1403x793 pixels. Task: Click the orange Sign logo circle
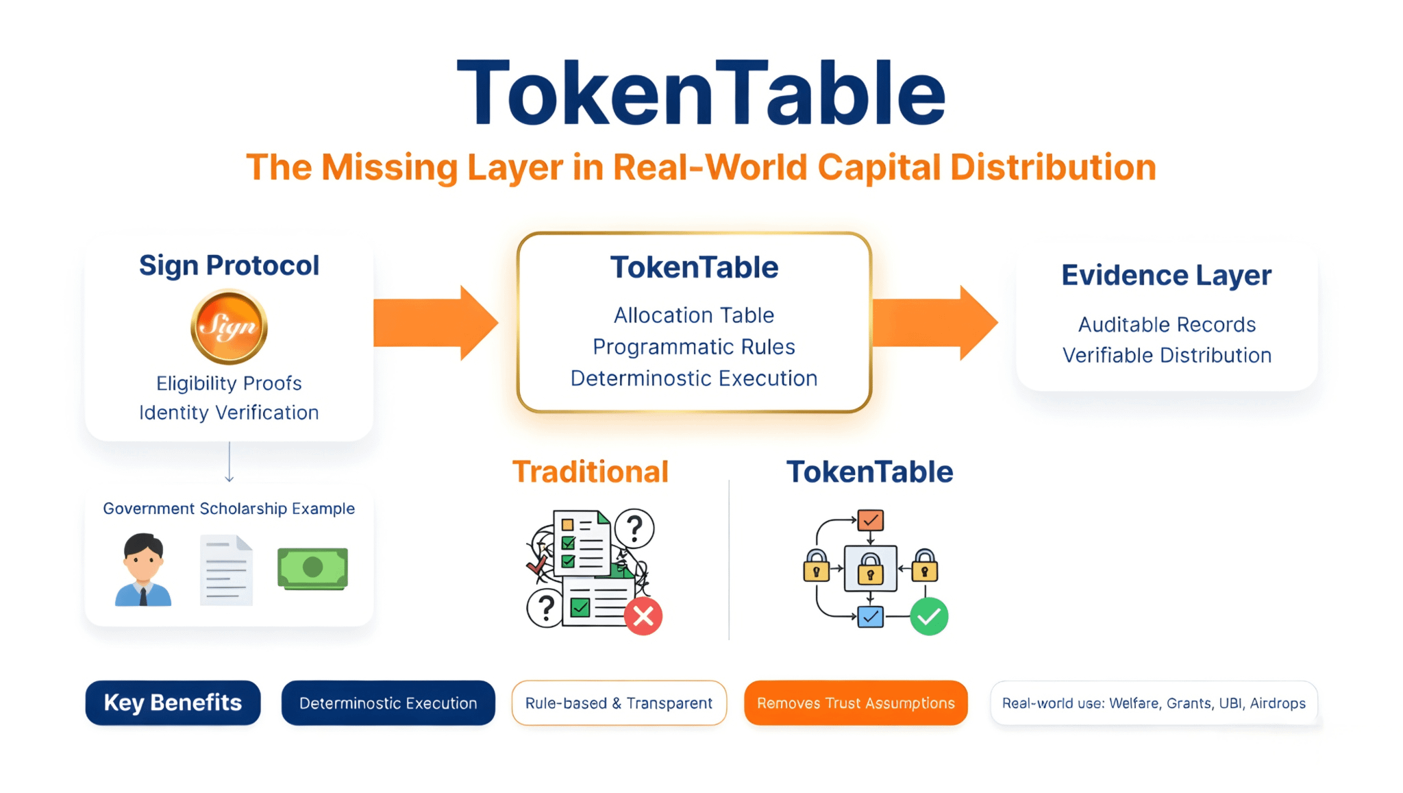229,326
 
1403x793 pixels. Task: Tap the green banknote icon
312,568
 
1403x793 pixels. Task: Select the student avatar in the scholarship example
143,570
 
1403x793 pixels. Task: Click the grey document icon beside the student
226,571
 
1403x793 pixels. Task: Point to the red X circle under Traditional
643,616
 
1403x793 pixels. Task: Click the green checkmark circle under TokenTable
929,616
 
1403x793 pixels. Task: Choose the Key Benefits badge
173,703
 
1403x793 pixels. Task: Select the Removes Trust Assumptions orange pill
856,703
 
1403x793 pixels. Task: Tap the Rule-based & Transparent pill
619,703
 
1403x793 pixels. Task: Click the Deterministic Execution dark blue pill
388,703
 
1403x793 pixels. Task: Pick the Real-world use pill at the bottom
1154,703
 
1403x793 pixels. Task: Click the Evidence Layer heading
1166,276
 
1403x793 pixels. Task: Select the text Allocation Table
694,315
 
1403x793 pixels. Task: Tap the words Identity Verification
229,413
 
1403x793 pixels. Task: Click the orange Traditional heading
591,472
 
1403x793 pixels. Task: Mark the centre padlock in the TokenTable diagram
870,568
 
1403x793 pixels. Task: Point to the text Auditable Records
1167,324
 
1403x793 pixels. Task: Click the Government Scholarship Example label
229,509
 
